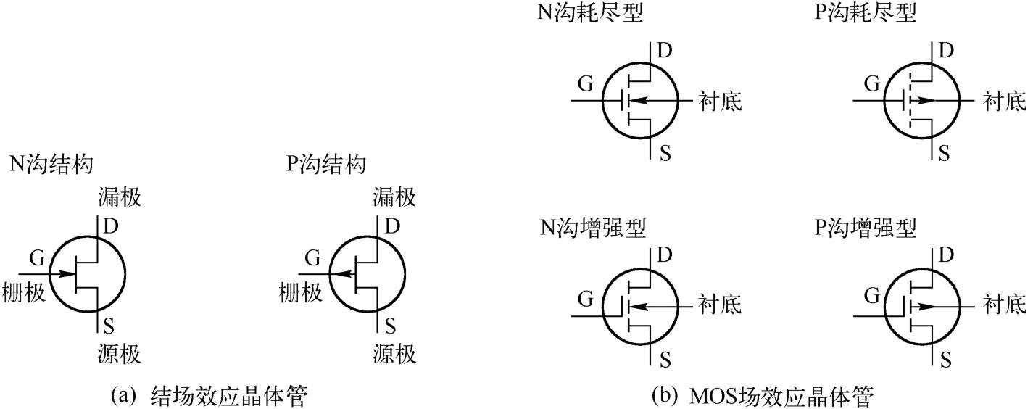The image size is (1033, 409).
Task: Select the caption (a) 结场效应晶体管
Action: (211, 397)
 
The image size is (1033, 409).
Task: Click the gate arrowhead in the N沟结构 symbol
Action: (69, 274)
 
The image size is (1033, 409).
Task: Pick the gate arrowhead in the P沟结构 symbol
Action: (338, 274)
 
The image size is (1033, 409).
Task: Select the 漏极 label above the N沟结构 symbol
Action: (119, 197)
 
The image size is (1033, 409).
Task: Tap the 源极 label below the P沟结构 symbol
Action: (395, 355)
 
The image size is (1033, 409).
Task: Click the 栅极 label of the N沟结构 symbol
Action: (25, 292)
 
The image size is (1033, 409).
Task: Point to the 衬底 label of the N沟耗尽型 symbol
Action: (720, 101)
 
